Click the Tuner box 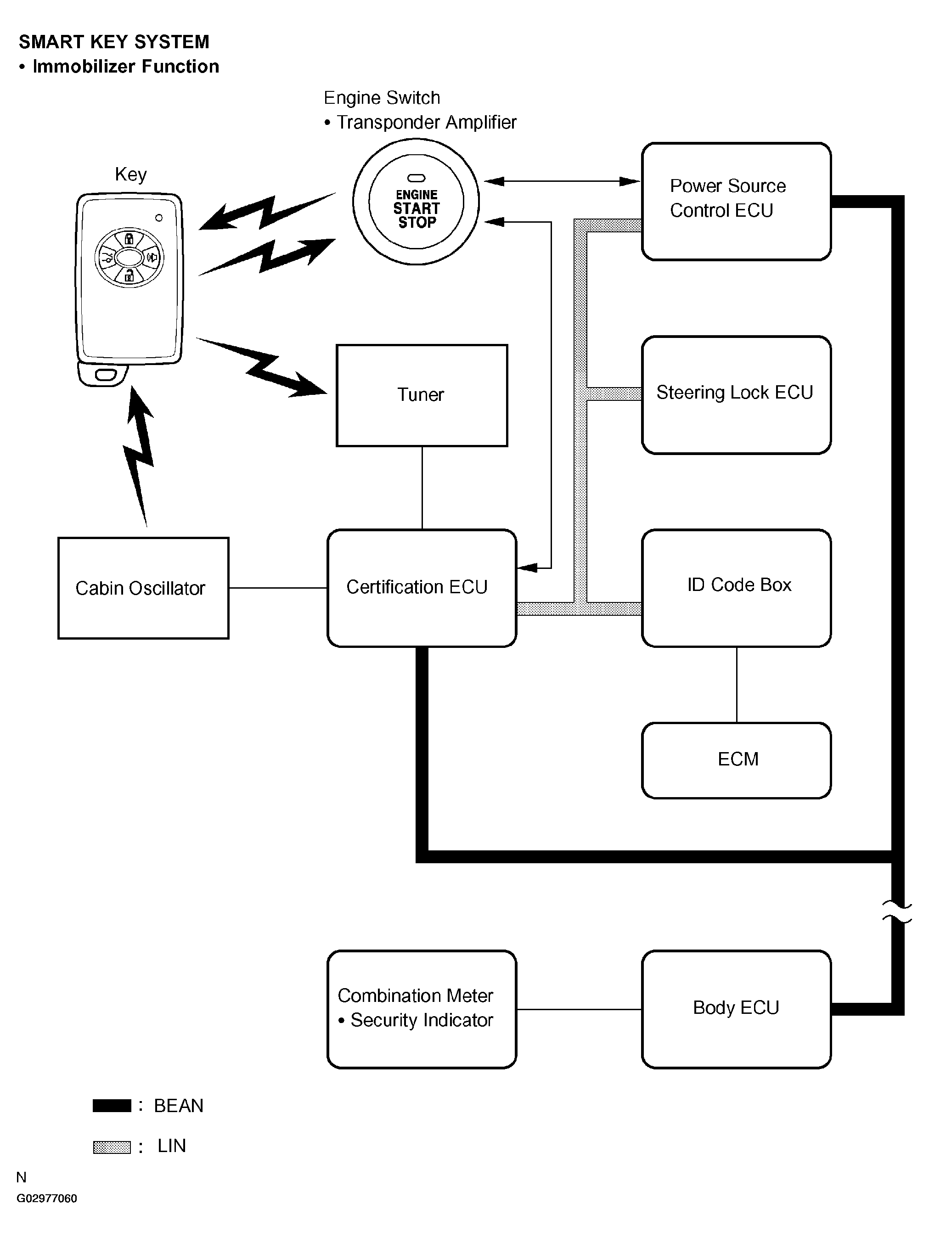(x=422, y=395)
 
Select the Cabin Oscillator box (x=143, y=588)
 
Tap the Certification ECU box (x=422, y=588)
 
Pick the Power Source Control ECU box (x=736, y=201)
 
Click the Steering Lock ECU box (x=736, y=395)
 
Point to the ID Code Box (x=736, y=588)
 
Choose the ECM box (x=736, y=760)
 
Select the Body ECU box (x=736, y=1008)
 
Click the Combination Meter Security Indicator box (x=422, y=1008)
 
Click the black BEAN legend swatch (x=112, y=1106)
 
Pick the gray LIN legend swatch (x=112, y=1147)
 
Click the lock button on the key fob (x=129, y=239)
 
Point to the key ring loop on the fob (x=104, y=375)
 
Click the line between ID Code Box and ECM (x=737, y=685)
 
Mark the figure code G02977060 (x=47, y=1198)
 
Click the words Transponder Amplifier (x=426, y=123)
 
